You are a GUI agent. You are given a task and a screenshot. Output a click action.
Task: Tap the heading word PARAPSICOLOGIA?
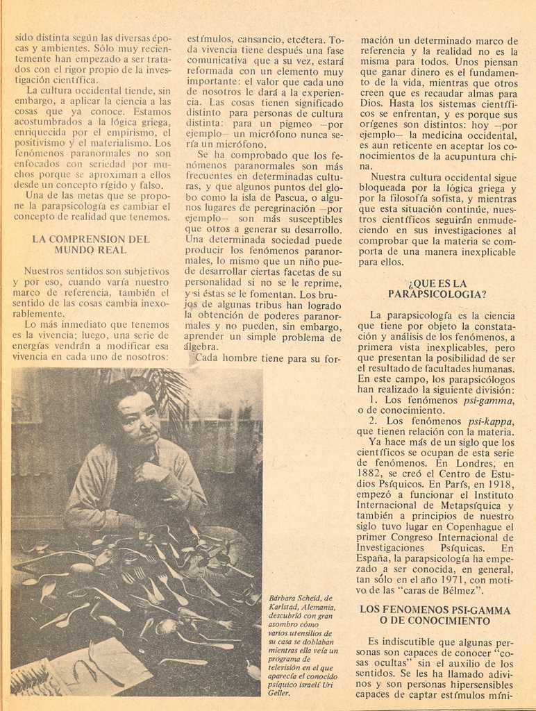(437, 294)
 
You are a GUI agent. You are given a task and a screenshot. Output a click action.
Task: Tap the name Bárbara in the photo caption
(284, 598)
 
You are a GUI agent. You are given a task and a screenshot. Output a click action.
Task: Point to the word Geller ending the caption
(280, 693)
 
